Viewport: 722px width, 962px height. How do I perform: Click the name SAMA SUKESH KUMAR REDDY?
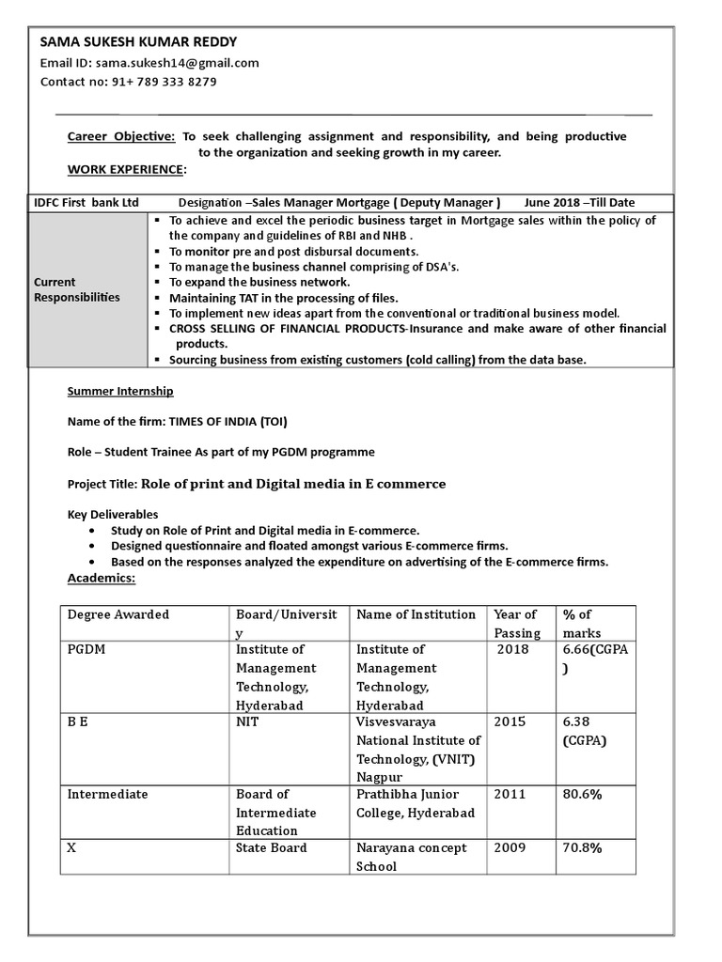138,42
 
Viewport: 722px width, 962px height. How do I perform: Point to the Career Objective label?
121,136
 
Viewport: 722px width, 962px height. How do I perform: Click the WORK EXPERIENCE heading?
126,169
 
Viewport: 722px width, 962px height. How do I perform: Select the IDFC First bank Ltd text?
86,203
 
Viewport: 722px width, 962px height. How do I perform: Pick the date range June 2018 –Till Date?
579,203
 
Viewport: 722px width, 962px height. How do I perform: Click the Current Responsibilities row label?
77,289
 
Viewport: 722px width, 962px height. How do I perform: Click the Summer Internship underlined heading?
120,391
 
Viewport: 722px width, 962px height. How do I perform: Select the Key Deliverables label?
113,515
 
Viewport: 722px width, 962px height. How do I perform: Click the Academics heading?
102,578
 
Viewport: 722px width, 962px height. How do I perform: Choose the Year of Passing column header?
515,623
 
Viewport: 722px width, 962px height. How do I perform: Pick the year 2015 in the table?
510,722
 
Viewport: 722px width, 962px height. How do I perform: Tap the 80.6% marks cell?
582,795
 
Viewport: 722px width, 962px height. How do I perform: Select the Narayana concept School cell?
411,857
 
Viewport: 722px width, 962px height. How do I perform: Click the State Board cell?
271,848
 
